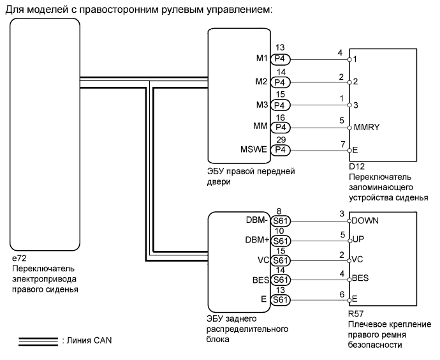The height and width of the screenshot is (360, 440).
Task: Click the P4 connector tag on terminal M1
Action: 281,59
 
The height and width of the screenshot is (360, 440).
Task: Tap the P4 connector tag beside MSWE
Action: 281,150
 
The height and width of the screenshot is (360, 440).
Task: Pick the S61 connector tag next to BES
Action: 281,280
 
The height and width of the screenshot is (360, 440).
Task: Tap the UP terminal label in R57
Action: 358,241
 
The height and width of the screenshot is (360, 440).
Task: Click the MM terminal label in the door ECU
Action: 260,127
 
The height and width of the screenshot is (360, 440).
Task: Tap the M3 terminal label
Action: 260,105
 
